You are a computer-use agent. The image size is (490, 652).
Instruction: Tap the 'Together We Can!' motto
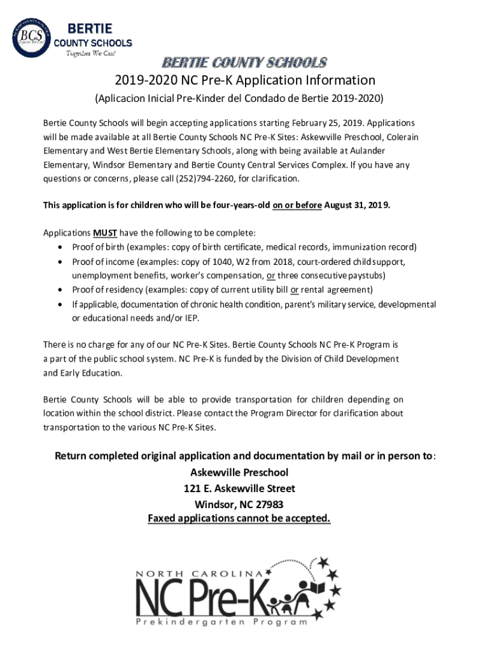click(92, 53)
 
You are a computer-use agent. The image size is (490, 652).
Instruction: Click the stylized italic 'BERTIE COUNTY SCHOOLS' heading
click(244, 62)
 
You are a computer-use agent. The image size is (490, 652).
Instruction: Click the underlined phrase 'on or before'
click(297, 206)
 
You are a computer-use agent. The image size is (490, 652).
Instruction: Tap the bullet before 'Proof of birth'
click(60, 247)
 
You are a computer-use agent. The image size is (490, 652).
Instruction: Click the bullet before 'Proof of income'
click(60, 262)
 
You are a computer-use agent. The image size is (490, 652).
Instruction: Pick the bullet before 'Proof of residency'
click(60, 290)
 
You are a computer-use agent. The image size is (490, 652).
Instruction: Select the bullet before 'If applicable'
click(60, 304)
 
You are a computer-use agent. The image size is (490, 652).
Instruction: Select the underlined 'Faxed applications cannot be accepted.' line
click(239, 518)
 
